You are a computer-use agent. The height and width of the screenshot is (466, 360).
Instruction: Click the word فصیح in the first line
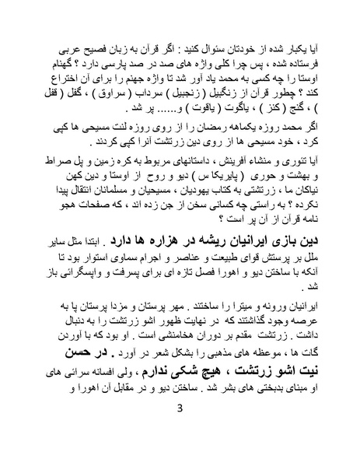(x=84, y=40)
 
